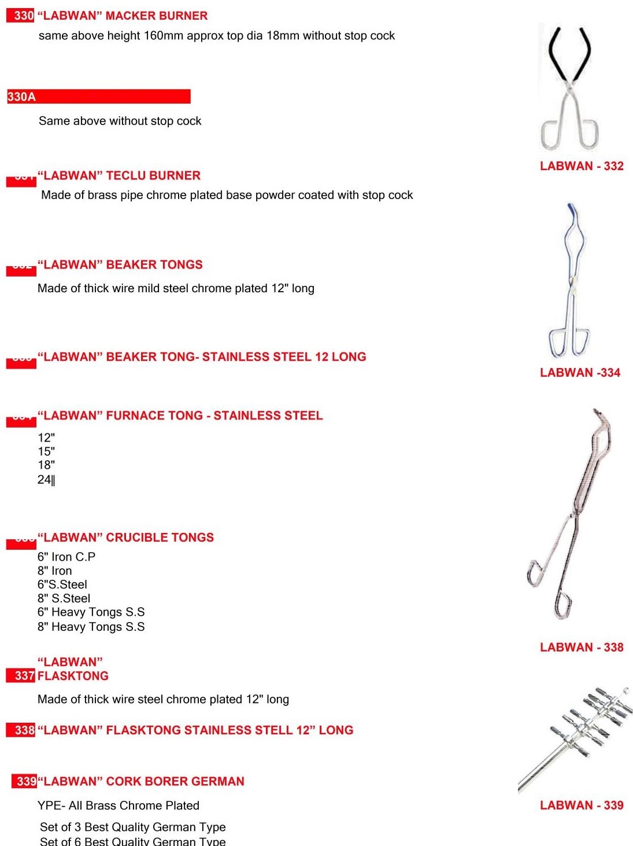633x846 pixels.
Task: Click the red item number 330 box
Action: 21,16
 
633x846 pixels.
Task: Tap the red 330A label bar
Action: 98,97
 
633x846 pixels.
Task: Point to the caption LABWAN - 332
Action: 582,166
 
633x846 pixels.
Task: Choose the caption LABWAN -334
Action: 580,373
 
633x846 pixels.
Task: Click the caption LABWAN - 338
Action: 582,647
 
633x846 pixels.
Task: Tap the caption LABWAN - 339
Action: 582,805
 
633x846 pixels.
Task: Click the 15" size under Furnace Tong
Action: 46,451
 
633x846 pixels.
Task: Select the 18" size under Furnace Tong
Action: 46,465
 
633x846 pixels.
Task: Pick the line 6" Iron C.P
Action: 66,557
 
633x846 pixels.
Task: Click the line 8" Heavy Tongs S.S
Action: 91,627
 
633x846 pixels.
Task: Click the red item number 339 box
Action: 25,781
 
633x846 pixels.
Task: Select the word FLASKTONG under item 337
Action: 73,676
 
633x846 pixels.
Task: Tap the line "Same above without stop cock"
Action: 120,121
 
